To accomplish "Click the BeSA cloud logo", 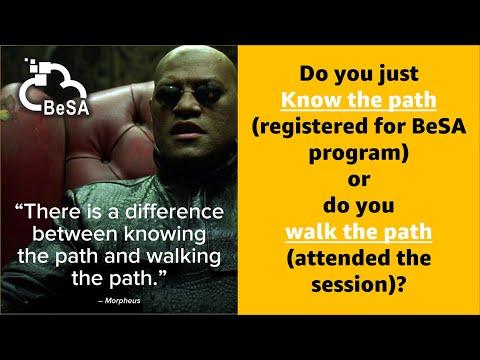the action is [x=54, y=87].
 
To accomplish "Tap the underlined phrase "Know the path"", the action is [x=359, y=100].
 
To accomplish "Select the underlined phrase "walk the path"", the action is [x=359, y=232].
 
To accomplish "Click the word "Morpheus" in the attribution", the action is [x=122, y=301].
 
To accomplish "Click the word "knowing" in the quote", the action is [x=165, y=235].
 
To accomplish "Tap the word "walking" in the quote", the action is [x=184, y=257].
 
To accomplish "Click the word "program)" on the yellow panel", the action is [x=359, y=153].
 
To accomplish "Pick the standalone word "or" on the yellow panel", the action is [x=359, y=180].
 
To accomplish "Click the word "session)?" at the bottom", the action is [x=359, y=285].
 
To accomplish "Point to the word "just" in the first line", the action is [x=399, y=74].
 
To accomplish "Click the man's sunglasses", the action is [x=189, y=94].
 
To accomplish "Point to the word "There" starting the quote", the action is [x=49, y=211].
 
